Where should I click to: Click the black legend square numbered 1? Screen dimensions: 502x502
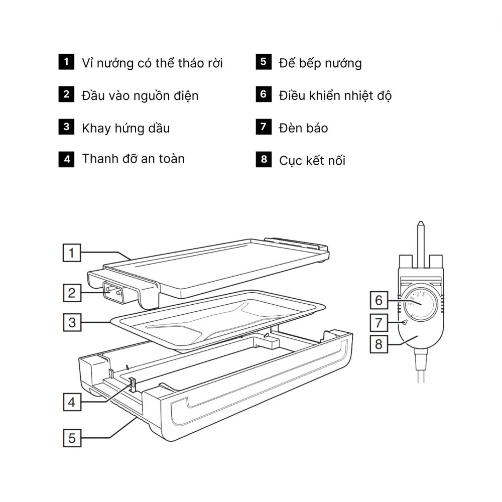[66, 62]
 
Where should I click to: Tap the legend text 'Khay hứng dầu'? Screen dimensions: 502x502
[125, 128]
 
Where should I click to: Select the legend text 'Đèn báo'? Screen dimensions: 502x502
[303, 128]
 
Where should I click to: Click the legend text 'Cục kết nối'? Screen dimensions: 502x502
[312, 161]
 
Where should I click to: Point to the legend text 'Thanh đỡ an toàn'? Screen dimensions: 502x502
[133, 159]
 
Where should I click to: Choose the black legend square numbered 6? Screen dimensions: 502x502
[263, 94]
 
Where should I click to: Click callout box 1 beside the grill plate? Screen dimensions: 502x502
[72, 253]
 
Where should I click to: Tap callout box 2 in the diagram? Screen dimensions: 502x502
[72, 293]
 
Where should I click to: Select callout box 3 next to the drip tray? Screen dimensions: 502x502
[72, 322]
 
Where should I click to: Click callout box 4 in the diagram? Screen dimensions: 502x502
[72, 402]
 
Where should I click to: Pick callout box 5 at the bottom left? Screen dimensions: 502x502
[72, 438]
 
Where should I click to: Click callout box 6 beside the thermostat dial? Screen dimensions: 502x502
[379, 300]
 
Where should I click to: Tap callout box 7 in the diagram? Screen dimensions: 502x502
[379, 322]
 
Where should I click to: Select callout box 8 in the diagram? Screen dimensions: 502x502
[379, 344]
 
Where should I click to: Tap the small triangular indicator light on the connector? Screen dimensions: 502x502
[404, 322]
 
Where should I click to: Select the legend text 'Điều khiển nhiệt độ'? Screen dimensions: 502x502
[335, 95]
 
